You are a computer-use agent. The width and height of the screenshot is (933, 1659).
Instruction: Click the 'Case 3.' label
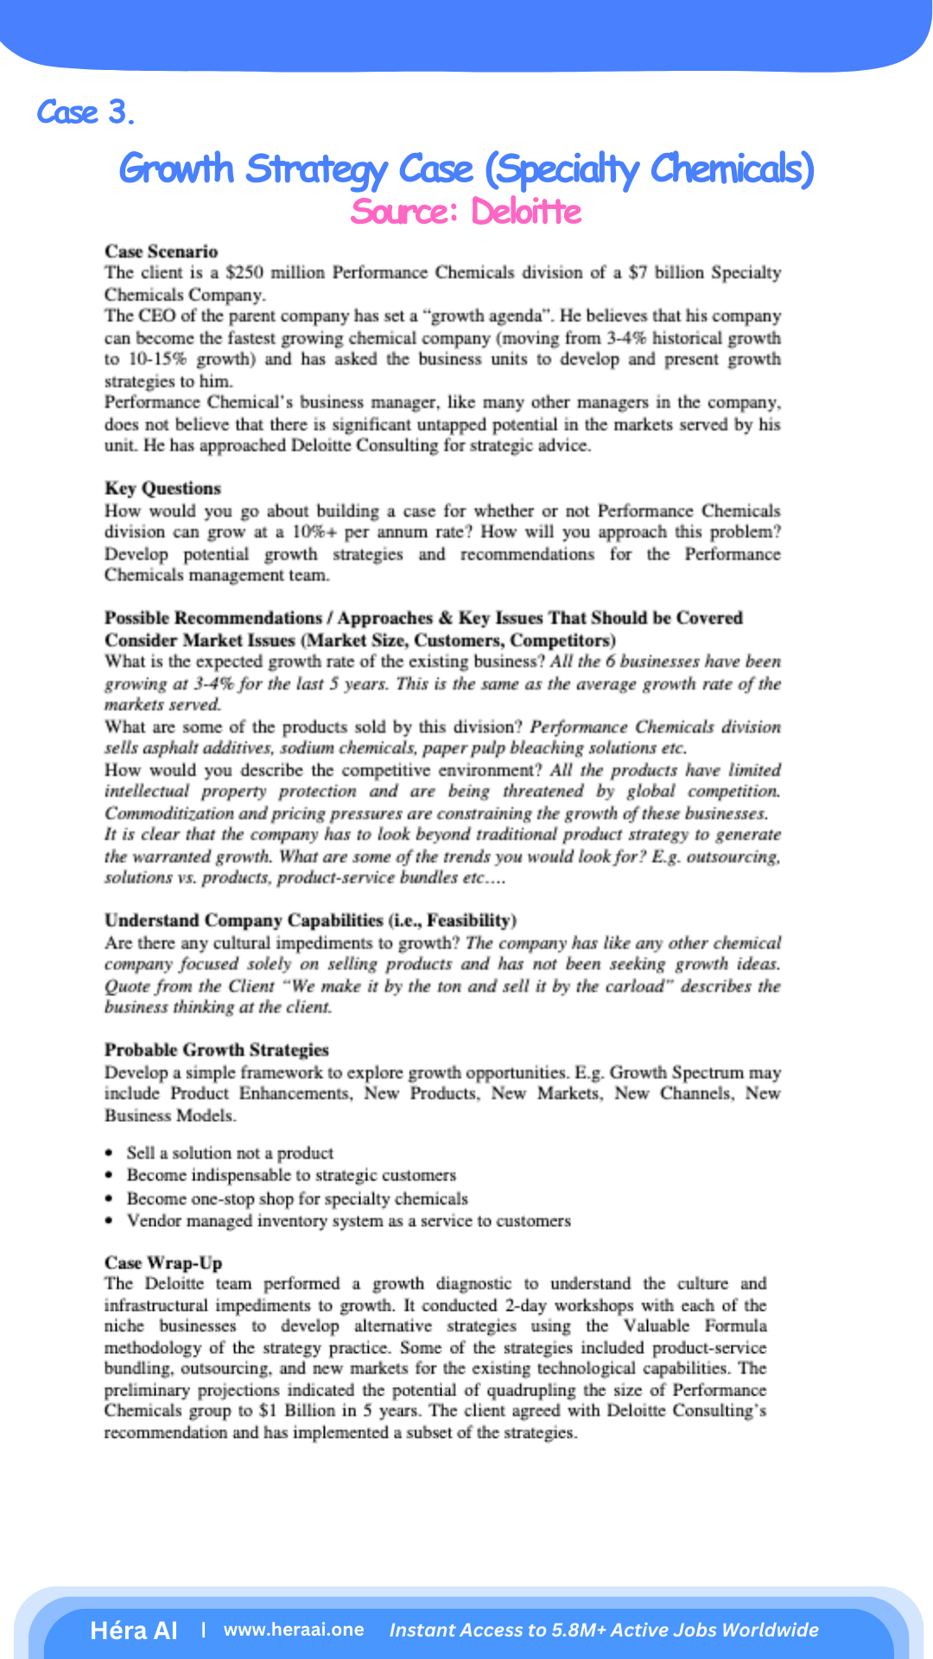[x=86, y=112]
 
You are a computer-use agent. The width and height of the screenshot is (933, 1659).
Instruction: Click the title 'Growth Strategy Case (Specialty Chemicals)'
[x=466, y=168]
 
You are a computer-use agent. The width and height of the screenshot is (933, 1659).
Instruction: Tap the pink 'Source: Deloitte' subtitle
[x=466, y=212]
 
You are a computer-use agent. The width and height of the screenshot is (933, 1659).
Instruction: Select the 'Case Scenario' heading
[x=161, y=251]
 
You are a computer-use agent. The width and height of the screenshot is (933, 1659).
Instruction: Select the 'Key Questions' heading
[x=162, y=488]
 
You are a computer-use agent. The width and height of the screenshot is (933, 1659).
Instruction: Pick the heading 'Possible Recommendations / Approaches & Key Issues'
[x=423, y=618]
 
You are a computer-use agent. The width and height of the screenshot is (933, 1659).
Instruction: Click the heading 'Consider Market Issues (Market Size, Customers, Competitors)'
[x=359, y=640]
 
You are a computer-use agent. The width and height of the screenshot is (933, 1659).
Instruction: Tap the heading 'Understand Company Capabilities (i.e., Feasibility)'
[x=310, y=920]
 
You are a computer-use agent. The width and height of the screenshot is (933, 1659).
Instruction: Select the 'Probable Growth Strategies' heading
[x=217, y=1050]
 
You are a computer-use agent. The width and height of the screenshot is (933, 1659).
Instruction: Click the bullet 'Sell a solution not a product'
[x=230, y=1154]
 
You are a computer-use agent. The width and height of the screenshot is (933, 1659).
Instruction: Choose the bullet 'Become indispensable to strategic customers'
[x=291, y=1175]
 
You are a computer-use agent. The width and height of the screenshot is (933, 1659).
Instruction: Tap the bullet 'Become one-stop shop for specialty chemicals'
[x=297, y=1198]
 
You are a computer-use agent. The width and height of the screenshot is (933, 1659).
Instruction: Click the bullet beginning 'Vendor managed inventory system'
[x=348, y=1221]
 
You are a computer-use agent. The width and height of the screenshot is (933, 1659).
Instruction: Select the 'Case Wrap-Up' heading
[x=163, y=1262]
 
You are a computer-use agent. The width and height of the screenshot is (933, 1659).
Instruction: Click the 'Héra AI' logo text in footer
[x=134, y=1630]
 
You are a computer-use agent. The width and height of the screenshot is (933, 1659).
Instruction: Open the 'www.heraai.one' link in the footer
[x=294, y=1630]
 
